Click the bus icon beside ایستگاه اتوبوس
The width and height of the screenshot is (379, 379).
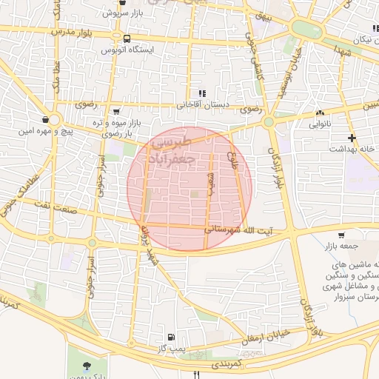127,38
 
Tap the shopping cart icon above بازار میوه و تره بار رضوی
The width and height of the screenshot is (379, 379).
113,110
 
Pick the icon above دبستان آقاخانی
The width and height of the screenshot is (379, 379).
201,94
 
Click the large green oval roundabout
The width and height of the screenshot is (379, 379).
306,29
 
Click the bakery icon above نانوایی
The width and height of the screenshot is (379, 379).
320,113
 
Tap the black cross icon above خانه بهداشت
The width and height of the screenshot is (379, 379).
352,138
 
